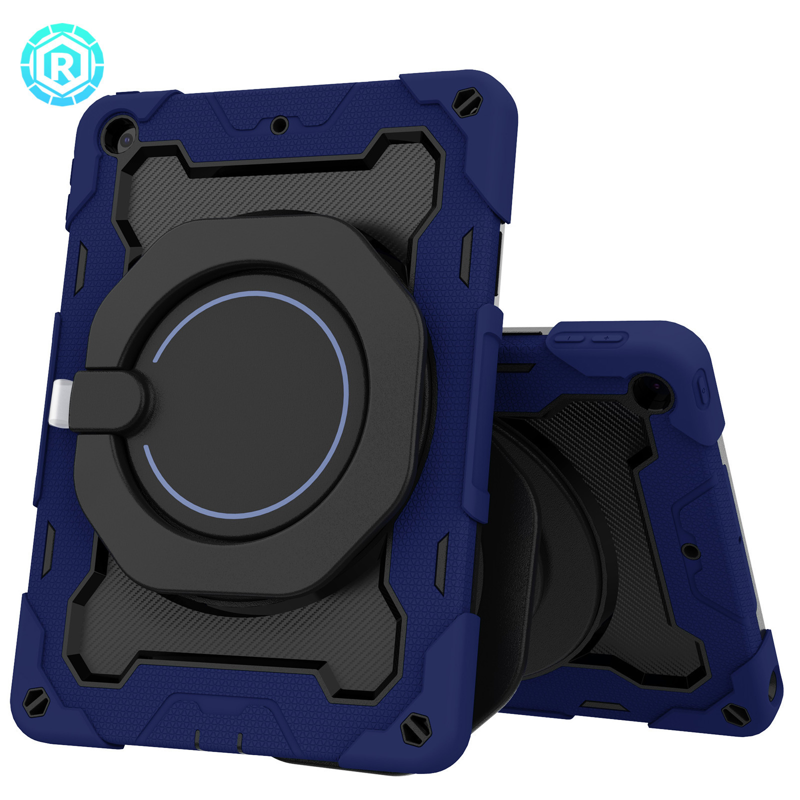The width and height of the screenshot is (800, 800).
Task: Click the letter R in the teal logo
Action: pyautogui.click(x=62, y=65)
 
